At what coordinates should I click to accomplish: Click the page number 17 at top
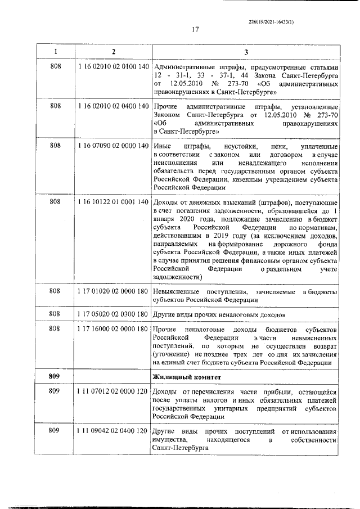pyautogui.click(x=195, y=30)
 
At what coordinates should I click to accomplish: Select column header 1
pyautogui.click(x=55, y=52)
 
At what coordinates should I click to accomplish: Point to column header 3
pyautogui.click(x=246, y=52)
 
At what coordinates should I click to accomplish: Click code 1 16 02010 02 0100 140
pyautogui.click(x=113, y=66)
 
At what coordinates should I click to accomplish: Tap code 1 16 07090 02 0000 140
pyautogui.click(x=113, y=146)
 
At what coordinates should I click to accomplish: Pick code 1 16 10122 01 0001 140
pyautogui.click(x=113, y=201)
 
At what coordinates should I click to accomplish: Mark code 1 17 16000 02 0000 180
pyautogui.click(x=113, y=328)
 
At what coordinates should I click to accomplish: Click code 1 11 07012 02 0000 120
pyautogui.click(x=113, y=391)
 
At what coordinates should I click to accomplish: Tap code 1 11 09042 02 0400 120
pyautogui.click(x=113, y=430)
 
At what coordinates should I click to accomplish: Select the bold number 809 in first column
pyautogui.click(x=55, y=376)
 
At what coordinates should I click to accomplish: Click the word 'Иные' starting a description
pyautogui.click(x=161, y=146)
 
